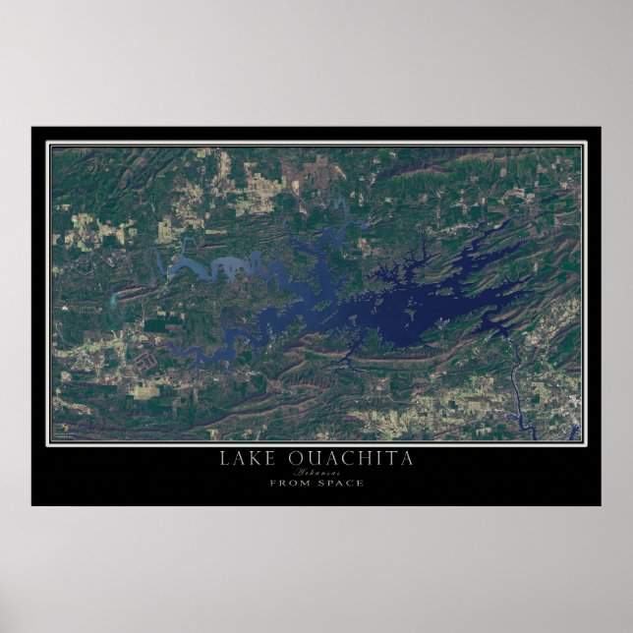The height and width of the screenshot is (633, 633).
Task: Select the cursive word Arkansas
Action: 316,472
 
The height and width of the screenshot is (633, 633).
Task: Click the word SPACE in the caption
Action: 339,482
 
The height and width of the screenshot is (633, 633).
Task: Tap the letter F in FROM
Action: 272,482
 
